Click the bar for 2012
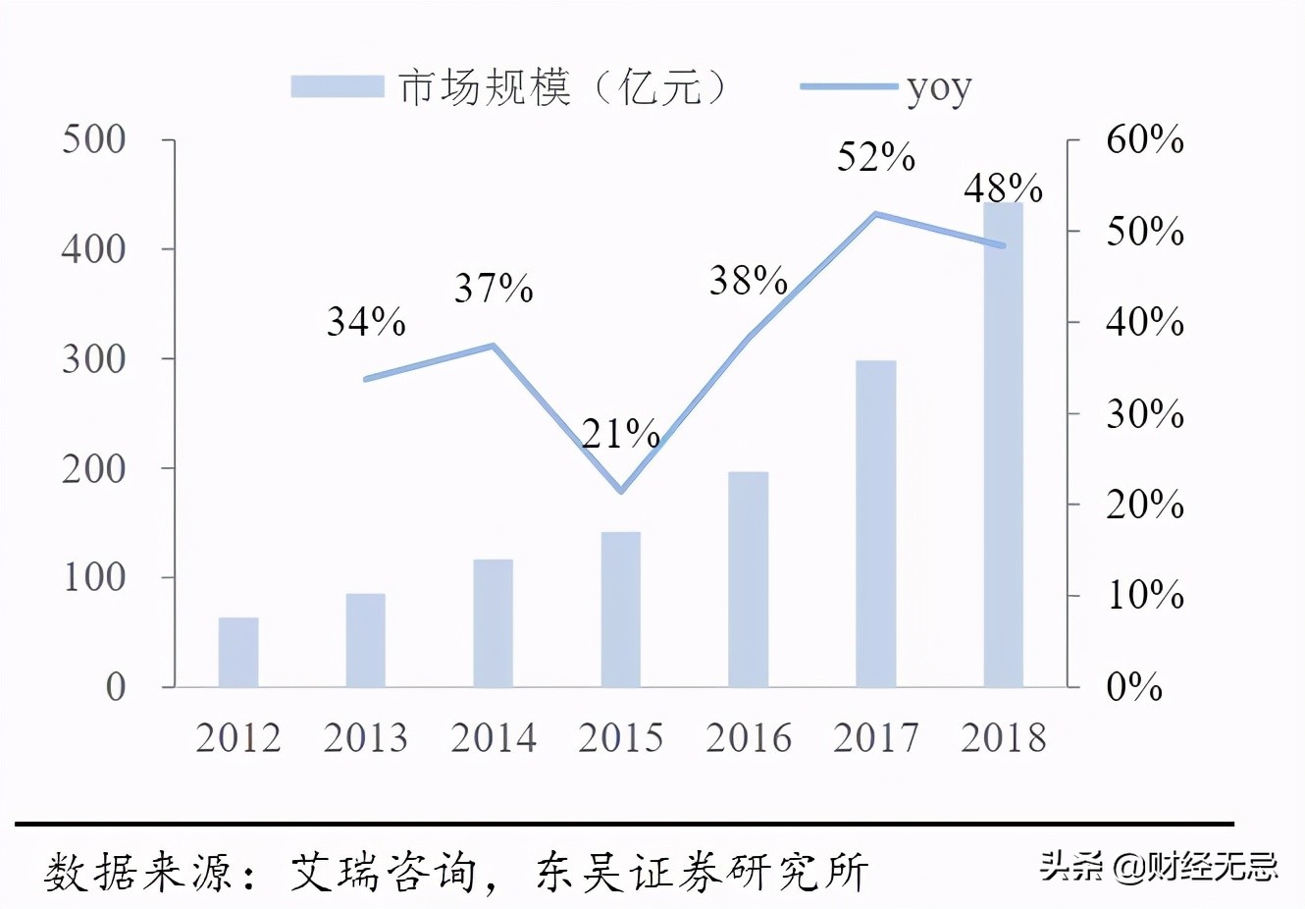[x=238, y=652]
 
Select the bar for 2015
[x=620, y=609]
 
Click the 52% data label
[x=875, y=157]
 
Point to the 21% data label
[x=620, y=433]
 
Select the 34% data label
[x=366, y=321]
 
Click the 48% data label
[x=1003, y=187]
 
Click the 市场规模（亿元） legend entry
[x=510, y=88]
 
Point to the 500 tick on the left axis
[x=94, y=139]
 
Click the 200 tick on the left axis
[x=94, y=469]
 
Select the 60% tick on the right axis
[x=1144, y=139]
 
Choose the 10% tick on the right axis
[x=1144, y=595]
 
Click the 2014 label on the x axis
[x=494, y=738]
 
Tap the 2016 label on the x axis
[x=748, y=738]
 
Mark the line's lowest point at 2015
[x=620, y=491]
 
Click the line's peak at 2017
[x=875, y=214]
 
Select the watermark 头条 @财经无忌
[x=1158, y=866]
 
